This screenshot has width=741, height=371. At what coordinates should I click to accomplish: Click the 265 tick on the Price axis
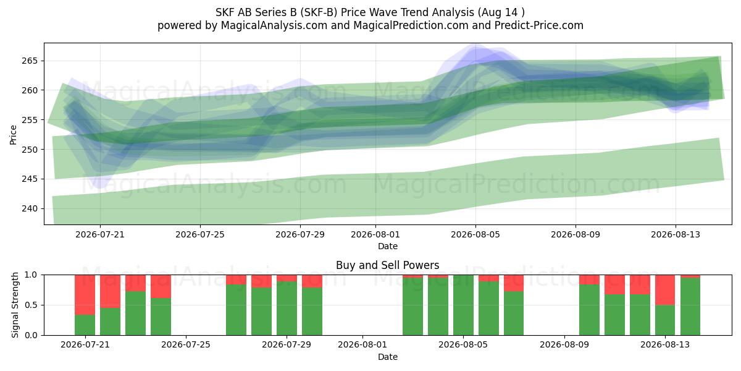pos(30,61)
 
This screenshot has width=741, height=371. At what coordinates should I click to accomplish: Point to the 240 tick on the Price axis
pos(30,209)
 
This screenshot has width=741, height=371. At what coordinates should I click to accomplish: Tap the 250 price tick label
pos(30,150)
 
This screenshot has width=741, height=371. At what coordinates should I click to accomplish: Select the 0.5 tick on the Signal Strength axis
pos(31,305)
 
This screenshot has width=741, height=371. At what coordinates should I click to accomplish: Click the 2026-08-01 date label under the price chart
pos(375,234)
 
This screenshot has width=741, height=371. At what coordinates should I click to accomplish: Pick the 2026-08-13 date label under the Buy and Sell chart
pos(665,345)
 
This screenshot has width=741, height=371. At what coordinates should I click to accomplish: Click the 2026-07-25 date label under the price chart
pos(200,234)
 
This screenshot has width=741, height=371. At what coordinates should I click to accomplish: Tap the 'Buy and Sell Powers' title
pos(387,265)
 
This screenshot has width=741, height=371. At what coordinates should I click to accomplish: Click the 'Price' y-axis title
pos(13,135)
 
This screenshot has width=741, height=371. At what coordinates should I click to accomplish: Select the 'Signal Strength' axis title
pos(15,305)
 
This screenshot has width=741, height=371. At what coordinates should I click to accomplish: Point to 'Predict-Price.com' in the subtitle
pos(539,25)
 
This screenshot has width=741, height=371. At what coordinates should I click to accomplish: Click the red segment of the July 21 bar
pos(85,295)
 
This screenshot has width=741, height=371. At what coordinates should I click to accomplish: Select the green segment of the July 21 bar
pos(85,325)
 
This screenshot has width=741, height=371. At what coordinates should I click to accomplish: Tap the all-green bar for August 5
pos(463,305)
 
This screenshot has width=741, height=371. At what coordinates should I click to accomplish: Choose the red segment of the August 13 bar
pos(665,290)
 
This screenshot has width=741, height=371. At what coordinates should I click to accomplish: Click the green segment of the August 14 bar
pos(690,307)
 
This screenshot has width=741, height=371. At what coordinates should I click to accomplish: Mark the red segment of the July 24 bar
pos(161,286)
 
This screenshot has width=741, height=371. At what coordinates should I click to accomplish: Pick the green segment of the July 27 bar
pos(236,310)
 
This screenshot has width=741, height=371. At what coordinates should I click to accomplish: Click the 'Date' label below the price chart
pos(388,247)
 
